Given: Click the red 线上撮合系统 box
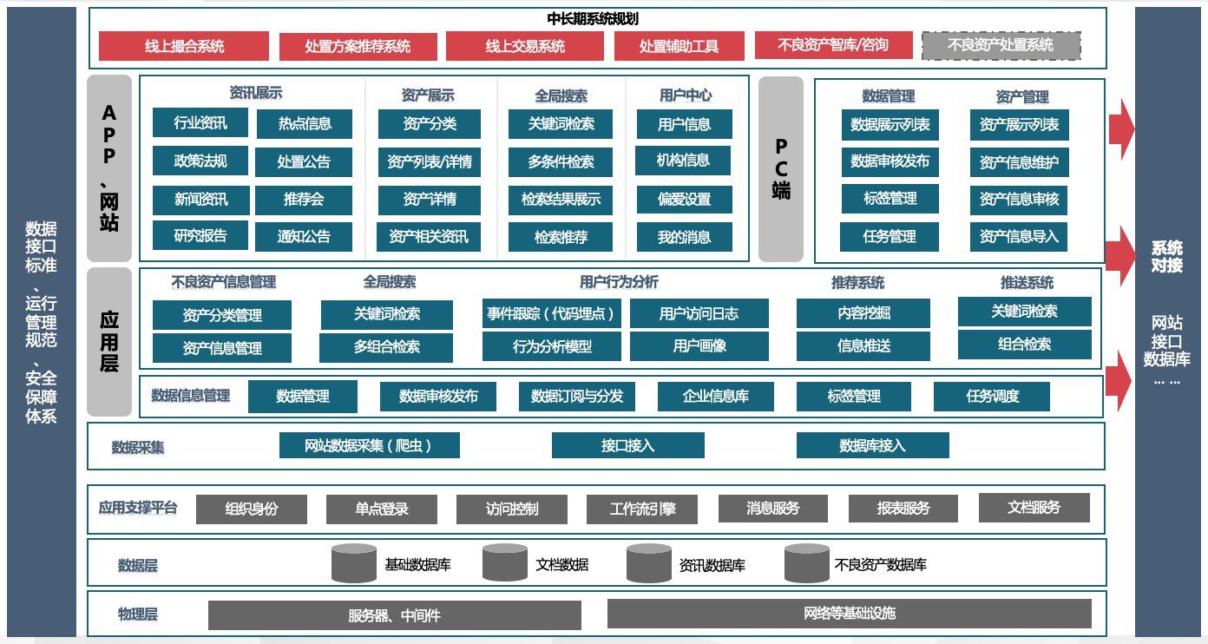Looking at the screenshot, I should (183, 46).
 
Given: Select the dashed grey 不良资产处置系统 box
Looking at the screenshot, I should (1001, 45).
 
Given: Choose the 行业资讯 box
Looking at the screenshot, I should (200, 122).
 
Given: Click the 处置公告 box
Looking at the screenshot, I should (304, 161).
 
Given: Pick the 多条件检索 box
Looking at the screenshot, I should (561, 161).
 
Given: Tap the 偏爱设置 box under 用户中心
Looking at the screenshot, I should (684, 199).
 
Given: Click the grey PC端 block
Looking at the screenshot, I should (781, 168).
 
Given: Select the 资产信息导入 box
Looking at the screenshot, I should (1019, 236).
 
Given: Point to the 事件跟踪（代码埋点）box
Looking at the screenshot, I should (552, 313).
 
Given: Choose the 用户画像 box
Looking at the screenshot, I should (699, 345).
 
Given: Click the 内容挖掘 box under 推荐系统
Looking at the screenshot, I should (863, 313).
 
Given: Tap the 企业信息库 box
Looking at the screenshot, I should (716, 396).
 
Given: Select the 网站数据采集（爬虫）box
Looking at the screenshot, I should (369, 445).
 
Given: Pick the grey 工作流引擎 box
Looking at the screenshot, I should (642, 509).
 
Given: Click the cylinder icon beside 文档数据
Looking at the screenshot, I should (505, 562).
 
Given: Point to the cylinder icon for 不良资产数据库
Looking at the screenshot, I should (806, 562).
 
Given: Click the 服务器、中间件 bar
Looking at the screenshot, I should (394, 615).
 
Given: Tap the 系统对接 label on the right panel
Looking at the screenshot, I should (1166, 257).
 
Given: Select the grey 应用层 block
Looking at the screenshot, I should (109, 341).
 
